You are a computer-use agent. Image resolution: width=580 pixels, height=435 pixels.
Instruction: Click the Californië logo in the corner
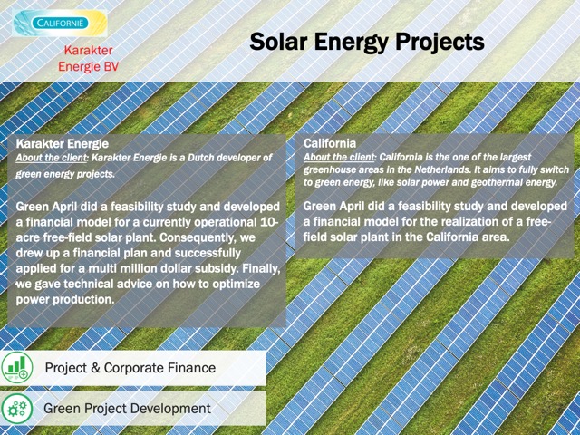[60, 23]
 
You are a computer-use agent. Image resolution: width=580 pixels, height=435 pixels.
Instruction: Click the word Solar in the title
[278, 42]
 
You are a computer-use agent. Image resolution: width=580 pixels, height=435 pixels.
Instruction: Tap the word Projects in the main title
[440, 43]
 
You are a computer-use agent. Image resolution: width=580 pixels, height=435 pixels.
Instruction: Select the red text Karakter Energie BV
[89, 58]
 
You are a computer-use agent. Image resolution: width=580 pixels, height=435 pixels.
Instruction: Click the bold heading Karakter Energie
[63, 143]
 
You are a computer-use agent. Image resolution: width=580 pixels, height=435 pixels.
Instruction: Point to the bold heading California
[330, 143]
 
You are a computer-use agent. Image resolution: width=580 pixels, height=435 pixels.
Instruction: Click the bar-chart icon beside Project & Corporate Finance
[17, 367]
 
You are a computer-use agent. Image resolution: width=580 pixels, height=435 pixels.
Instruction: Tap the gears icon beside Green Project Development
[17, 409]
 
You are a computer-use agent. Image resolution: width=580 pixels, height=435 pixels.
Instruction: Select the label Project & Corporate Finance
[130, 368]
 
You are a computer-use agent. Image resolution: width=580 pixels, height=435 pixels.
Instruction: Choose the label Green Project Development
[127, 409]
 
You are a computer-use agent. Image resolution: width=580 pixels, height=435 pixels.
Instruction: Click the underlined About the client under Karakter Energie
[51, 158]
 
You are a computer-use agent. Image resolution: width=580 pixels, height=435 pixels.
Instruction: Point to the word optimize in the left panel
[237, 285]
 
